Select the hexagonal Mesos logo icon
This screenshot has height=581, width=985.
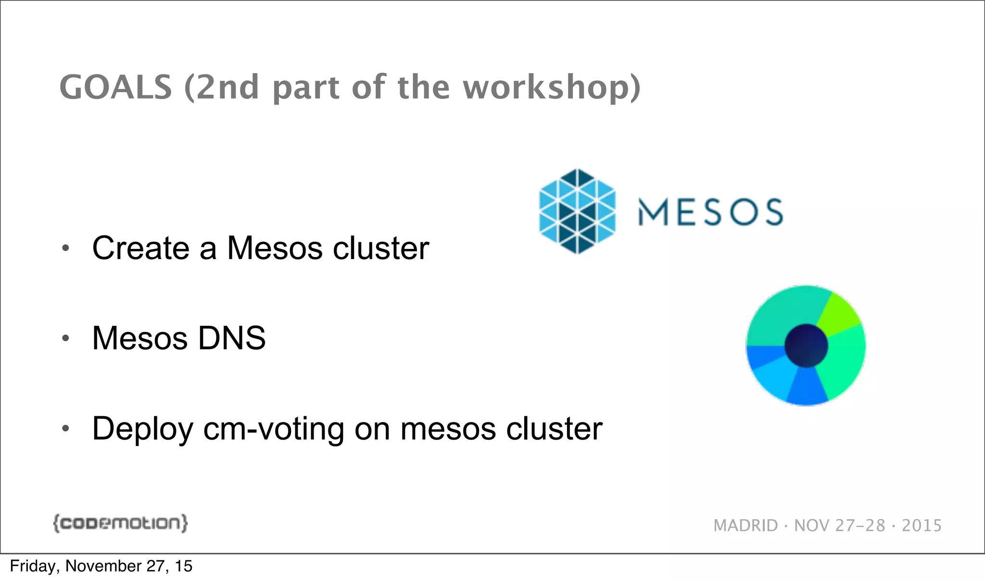click(577, 211)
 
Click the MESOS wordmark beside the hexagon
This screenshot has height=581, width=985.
click(710, 212)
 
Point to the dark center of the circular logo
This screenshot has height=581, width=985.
click(806, 346)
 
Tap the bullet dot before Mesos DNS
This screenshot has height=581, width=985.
click(66, 338)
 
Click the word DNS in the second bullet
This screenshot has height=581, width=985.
click(231, 338)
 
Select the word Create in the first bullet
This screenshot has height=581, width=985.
click(140, 248)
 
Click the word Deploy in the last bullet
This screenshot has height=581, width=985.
click(142, 429)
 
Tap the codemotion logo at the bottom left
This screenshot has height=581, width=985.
click(120, 523)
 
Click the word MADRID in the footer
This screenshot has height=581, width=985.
click(745, 526)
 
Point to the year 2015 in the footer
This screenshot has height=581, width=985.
click(922, 526)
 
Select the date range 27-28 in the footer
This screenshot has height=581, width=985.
click(860, 526)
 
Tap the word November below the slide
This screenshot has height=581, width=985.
click(103, 566)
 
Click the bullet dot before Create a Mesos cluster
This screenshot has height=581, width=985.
click(66, 248)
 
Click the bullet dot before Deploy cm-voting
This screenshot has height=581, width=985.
click(66, 428)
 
